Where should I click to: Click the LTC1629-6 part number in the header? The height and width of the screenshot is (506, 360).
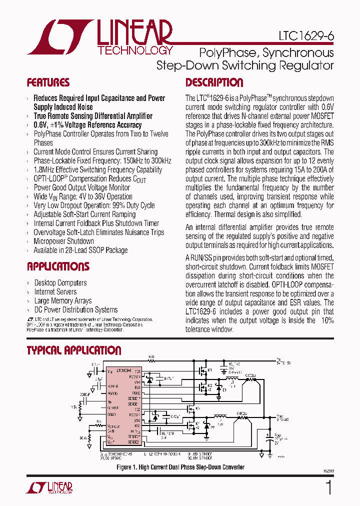point(306,36)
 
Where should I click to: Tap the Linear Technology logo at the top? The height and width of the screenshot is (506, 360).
point(100,37)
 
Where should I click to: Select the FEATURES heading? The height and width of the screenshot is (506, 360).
point(48,82)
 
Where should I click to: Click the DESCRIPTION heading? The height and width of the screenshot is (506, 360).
point(214,82)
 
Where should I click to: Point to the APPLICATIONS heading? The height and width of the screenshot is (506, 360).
point(58,266)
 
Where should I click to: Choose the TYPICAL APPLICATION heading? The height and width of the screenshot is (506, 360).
point(74,350)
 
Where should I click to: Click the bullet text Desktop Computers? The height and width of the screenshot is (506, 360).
point(60,283)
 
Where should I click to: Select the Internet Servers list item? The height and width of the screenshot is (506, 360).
point(55,292)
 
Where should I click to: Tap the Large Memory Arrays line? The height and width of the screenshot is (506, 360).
point(63,301)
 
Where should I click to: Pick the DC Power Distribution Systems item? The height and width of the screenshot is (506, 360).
point(76,310)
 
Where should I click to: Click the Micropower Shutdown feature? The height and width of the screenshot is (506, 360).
point(63,241)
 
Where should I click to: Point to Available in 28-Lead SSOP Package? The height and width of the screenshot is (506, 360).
point(80,250)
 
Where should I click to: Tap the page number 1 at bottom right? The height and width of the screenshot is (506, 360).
point(328,487)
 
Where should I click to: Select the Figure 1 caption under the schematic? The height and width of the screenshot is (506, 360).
point(180,467)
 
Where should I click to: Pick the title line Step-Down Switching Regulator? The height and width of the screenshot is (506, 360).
point(245,65)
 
